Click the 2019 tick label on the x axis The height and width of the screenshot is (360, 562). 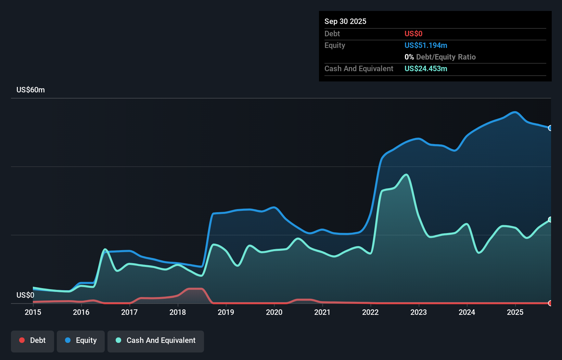pos(226,312)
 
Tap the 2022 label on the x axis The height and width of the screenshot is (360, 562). pos(370,312)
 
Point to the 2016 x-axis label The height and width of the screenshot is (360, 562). pos(81,312)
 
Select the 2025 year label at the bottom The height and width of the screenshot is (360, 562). pos(515,312)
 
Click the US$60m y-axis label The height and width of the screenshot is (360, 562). pos(30,90)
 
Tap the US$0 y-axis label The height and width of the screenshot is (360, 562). pos(25,295)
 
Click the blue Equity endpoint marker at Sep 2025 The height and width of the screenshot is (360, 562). pos(550,128)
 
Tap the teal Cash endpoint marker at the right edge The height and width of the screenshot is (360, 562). pos(550,219)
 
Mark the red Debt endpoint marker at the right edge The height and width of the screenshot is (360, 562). pos(550,303)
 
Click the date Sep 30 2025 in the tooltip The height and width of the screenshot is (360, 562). pos(345,22)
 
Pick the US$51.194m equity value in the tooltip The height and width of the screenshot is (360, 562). pos(426,46)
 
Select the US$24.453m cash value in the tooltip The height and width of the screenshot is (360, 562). pos(426,69)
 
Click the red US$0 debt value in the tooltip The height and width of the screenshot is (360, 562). pos(413,34)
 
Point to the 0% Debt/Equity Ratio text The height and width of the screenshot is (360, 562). pos(440,57)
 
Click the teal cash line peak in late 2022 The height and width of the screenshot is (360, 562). pos(406,175)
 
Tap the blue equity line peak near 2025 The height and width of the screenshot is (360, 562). pos(514,112)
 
